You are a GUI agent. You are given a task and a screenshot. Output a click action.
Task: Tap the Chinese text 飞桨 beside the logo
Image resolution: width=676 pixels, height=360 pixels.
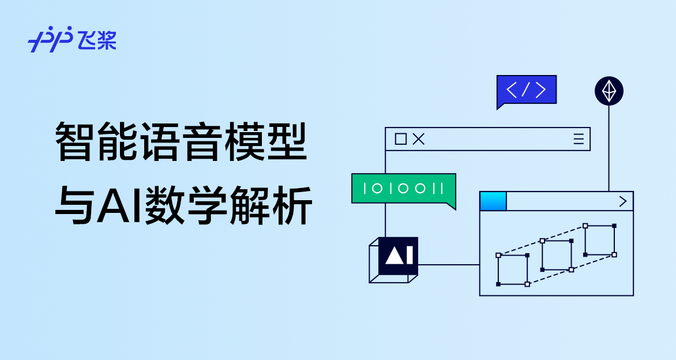(97, 40)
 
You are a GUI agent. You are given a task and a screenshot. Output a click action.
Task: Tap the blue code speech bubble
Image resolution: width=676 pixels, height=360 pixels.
(526, 90)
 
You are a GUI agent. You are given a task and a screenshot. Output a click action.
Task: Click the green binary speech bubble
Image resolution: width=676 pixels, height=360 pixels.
(403, 189)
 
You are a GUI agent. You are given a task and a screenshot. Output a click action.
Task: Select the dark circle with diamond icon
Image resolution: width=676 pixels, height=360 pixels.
(609, 91)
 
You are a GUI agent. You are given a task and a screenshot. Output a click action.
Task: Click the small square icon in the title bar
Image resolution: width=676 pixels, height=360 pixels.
(400, 139)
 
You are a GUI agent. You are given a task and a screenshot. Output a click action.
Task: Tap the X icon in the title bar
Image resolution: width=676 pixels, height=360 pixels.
(419, 139)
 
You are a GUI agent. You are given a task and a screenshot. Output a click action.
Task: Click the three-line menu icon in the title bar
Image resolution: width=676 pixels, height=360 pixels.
(579, 139)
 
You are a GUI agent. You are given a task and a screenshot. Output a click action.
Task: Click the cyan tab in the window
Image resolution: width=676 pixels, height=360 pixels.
(493, 201)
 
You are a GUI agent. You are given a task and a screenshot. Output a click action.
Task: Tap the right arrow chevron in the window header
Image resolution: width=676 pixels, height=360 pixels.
(622, 201)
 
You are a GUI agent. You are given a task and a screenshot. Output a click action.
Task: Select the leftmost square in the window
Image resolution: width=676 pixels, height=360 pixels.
(512, 269)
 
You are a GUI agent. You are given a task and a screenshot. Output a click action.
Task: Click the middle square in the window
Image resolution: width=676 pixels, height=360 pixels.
(557, 255)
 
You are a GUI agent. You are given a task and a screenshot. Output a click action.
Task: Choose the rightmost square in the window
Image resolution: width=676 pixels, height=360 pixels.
(599, 240)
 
